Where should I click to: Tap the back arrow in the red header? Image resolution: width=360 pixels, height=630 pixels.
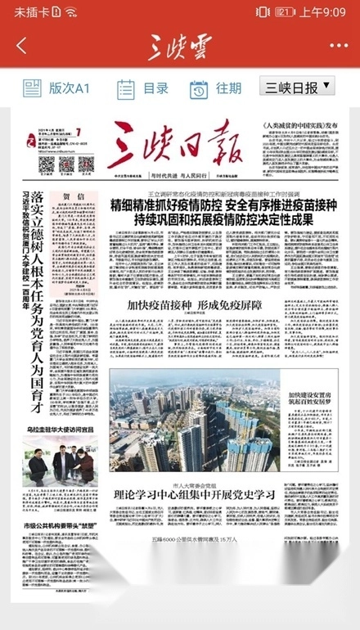(21, 46)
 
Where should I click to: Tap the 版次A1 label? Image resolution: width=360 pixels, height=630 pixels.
(57, 88)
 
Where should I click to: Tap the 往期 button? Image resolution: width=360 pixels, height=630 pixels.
(217, 88)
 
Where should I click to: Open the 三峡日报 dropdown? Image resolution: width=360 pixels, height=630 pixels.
(298, 86)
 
